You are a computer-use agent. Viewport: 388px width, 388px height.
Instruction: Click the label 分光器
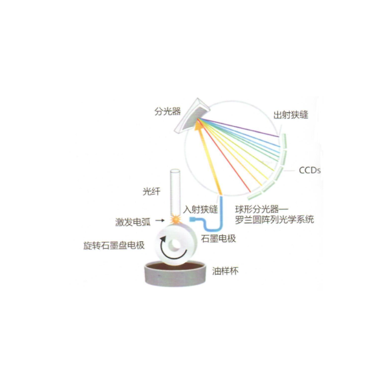click(x=167, y=111)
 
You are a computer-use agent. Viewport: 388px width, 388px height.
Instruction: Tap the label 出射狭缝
click(x=291, y=115)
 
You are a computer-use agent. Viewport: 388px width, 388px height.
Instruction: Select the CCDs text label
click(x=310, y=170)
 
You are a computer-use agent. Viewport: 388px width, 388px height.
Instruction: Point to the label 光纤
click(x=151, y=191)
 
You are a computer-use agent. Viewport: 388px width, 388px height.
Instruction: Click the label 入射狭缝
click(x=200, y=210)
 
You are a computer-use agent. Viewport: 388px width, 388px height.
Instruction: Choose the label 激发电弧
click(x=133, y=222)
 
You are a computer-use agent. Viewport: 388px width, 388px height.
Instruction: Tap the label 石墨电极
click(x=219, y=239)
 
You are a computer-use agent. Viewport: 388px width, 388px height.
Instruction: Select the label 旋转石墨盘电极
click(x=114, y=246)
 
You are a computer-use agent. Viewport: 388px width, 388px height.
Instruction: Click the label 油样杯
click(x=225, y=271)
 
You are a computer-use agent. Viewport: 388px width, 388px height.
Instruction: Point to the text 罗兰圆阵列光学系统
click(x=274, y=219)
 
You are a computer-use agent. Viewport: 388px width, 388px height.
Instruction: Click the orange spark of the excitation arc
click(x=176, y=219)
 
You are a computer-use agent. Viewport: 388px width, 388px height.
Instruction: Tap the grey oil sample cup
click(x=175, y=274)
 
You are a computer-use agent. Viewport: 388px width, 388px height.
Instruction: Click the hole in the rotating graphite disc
click(x=175, y=244)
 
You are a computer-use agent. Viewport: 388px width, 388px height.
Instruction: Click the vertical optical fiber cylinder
click(x=175, y=192)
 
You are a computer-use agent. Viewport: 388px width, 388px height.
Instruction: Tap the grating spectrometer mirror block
click(x=192, y=116)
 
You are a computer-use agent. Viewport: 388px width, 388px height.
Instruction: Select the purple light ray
click(x=238, y=127)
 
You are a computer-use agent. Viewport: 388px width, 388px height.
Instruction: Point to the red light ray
click(x=224, y=155)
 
